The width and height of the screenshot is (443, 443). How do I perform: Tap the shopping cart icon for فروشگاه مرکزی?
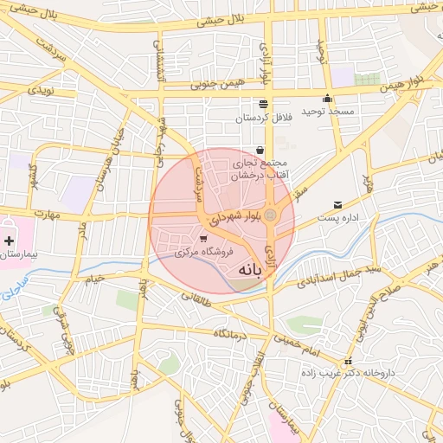coord(202,238)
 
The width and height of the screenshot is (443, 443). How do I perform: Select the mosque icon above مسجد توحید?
coord(327,98)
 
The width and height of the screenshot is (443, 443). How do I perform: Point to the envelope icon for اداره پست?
coord(337,205)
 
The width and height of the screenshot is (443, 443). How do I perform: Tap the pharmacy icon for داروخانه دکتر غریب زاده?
coord(348,362)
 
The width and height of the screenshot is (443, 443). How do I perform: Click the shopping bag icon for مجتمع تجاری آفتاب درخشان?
coord(260,150)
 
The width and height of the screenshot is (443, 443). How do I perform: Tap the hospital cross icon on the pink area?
coord(9,240)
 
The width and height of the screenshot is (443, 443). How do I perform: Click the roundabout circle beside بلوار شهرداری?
coord(271,215)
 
